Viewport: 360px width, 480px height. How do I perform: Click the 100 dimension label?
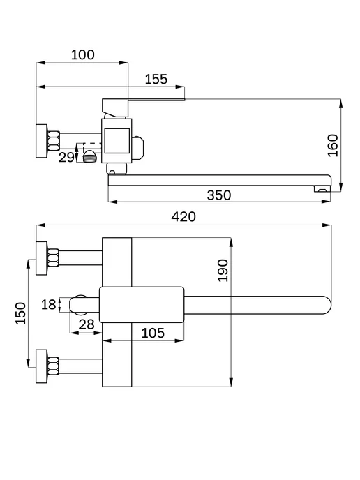point(82,55)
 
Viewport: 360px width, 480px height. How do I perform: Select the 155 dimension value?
point(156,80)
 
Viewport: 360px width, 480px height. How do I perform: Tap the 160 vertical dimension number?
point(333,145)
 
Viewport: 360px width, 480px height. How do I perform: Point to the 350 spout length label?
point(219,195)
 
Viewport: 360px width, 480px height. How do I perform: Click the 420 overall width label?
point(183,217)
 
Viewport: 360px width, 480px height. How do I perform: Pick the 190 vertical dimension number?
point(223,270)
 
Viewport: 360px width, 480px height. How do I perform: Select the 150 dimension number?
point(21,313)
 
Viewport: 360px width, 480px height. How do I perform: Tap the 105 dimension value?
point(153,333)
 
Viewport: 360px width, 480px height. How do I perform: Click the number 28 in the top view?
point(87,324)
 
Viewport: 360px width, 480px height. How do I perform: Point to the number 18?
point(49,305)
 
